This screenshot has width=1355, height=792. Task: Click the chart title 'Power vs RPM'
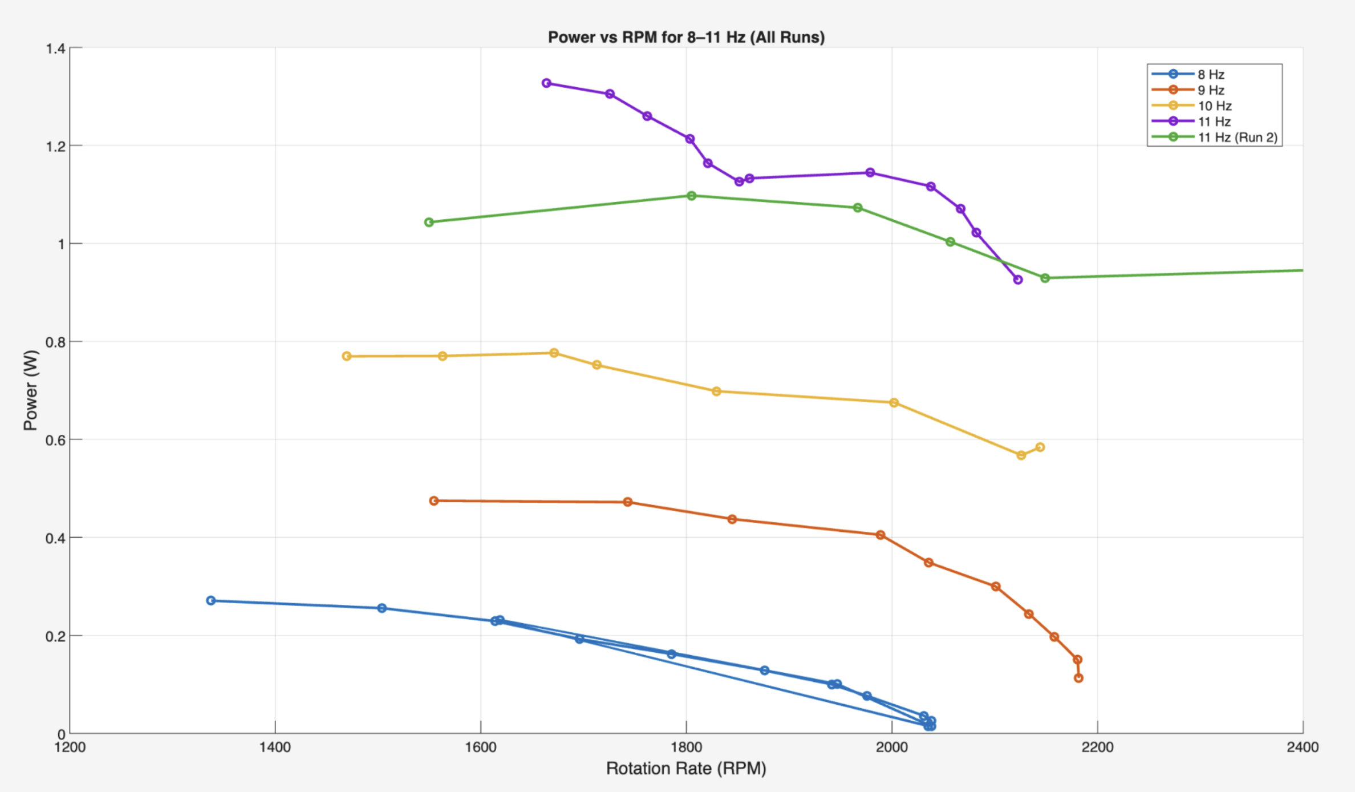[686, 37]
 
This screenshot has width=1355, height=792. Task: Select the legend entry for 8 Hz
[1210, 74]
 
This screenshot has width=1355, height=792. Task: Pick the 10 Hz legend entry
[1214, 106]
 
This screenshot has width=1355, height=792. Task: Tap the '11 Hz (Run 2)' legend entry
[1237, 138]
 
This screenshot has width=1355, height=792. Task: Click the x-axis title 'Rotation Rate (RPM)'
[686, 769]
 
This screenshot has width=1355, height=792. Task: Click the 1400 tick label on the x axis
[275, 747]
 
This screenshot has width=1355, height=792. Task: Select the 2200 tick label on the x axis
[1097, 747]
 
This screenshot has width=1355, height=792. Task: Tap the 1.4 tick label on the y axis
[55, 49]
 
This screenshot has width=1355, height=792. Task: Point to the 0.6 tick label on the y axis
[55, 440]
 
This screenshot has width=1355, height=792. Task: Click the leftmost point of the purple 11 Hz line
[546, 83]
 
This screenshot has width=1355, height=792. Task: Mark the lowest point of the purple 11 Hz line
[1018, 280]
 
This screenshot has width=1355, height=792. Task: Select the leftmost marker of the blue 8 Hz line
[211, 600]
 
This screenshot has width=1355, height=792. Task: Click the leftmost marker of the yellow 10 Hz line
[347, 356]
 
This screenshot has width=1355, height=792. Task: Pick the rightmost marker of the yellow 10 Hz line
[1040, 447]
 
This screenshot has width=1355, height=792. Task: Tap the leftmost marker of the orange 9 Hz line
[434, 500]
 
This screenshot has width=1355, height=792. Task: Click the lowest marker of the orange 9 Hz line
[1078, 678]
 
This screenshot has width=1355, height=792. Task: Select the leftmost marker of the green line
[429, 222]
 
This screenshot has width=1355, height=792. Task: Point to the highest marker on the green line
[692, 196]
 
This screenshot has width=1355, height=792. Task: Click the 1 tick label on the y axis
[60, 244]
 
